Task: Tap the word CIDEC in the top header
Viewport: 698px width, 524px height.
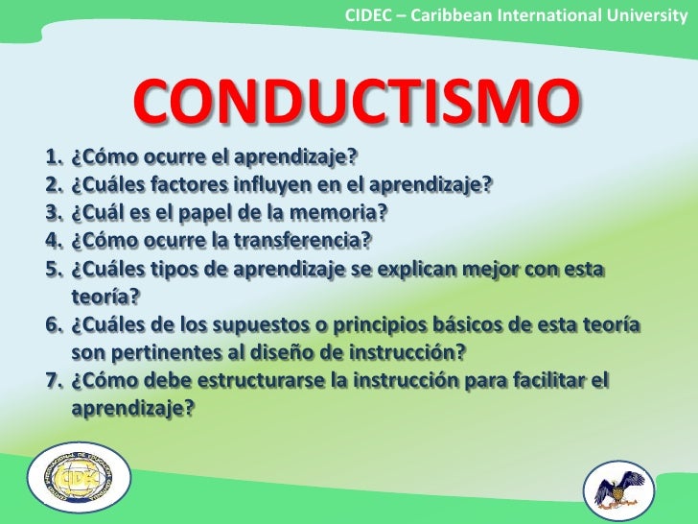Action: [x=367, y=14]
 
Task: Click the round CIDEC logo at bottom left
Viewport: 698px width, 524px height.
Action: [x=72, y=478]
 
